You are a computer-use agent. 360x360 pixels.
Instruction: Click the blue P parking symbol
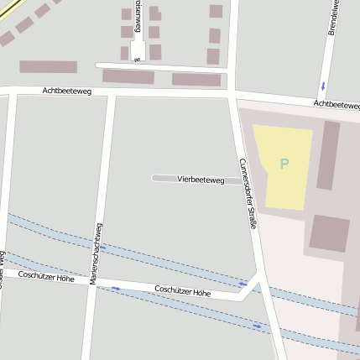pos(284,164)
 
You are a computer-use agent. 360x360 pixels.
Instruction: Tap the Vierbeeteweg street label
pos(201,180)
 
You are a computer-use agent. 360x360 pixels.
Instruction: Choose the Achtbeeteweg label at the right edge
pos(337,104)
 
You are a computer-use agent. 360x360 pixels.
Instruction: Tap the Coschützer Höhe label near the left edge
pos(45,275)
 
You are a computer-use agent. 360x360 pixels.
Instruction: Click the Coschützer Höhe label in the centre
pos(182,291)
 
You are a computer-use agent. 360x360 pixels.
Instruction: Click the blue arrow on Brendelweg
pos(323,86)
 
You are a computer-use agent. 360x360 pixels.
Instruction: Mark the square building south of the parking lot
pos(329,232)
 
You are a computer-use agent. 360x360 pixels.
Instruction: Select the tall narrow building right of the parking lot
pos(327,155)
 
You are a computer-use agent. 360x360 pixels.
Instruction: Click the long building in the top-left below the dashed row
pos(48,66)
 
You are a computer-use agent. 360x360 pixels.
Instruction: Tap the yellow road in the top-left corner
pos(21,11)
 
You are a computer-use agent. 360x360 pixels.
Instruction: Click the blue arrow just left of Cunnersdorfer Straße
pos(243,284)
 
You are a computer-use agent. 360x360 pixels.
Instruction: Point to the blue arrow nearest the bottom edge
pos(258,326)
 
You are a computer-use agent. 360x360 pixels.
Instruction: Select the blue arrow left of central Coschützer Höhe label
pos(116,289)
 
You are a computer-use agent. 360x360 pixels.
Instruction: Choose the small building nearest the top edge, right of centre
pos(216,11)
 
